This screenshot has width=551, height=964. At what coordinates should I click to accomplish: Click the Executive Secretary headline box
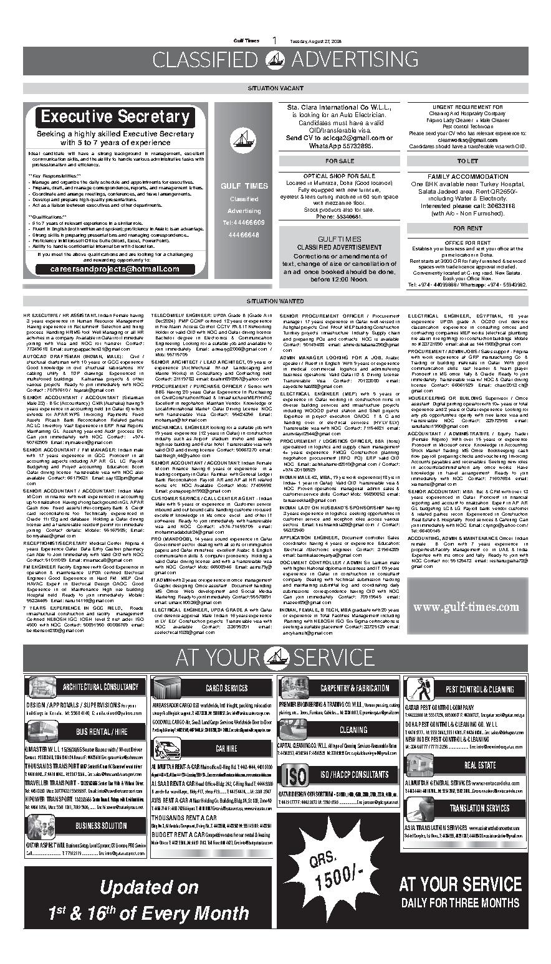115,117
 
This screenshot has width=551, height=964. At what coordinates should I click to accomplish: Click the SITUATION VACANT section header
275,88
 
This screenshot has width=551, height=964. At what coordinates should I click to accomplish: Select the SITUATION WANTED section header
275,301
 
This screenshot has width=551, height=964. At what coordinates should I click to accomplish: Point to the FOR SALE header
339,161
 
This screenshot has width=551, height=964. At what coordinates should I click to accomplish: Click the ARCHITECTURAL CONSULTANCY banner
100,687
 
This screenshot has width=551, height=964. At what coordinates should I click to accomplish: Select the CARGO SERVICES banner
226,688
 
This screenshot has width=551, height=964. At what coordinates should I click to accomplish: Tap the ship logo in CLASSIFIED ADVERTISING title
275,60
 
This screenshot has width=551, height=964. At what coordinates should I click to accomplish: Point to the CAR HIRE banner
226,749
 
